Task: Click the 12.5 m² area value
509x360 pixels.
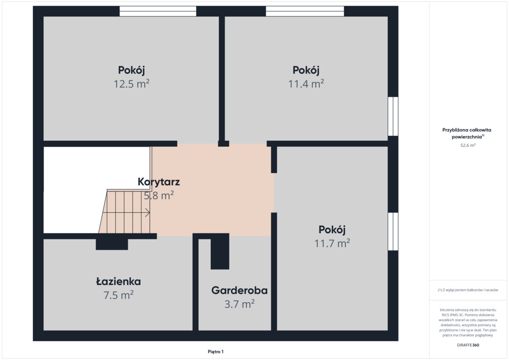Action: coord(131,84)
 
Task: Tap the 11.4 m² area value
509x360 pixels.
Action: coord(306,84)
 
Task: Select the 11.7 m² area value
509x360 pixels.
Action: coord(332,243)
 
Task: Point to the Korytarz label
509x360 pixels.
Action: coord(159,182)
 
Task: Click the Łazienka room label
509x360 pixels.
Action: coord(118,281)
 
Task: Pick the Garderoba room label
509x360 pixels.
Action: coord(240,290)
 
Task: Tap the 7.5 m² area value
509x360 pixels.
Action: coord(118,295)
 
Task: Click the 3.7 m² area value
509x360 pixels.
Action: coord(240,304)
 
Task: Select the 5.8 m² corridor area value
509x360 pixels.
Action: coord(159,195)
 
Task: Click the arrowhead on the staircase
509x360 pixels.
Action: coord(148,213)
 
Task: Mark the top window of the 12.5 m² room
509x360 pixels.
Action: coord(158,11)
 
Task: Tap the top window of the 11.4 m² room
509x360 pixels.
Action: coord(305,11)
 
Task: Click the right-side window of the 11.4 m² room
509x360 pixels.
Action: coord(393,116)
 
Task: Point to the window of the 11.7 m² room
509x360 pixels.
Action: coord(393,231)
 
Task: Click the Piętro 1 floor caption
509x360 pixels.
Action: coord(216,352)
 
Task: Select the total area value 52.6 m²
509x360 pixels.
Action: coord(468,145)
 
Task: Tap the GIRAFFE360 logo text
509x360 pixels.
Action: coord(468,345)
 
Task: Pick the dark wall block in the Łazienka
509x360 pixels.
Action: coord(112,244)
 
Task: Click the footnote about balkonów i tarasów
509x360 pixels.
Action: coord(468,290)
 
